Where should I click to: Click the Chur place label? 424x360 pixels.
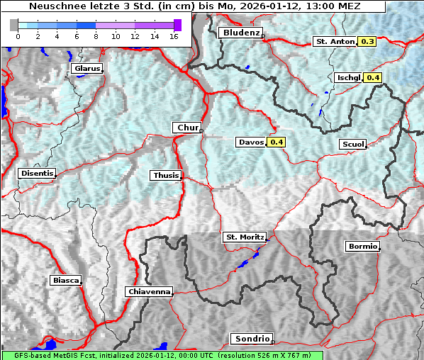pyautogui.click(x=187, y=128)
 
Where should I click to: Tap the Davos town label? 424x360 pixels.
pyautogui.click(x=251, y=142)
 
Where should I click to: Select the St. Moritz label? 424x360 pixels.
pyautogui.click(x=244, y=237)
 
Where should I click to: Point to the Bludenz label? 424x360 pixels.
pyautogui.click(x=240, y=33)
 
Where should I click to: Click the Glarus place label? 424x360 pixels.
pyautogui.click(x=86, y=69)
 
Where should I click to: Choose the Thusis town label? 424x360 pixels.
pyautogui.click(x=166, y=176)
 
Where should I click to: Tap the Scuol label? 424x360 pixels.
pyautogui.click(x=352, y=145)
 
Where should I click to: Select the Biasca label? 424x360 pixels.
pyautogui.click(x=65, y=280)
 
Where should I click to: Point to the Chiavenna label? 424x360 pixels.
pyautogui.click(x=149, y=291)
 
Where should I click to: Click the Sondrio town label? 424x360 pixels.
pyautogui.click(x=251, y=339)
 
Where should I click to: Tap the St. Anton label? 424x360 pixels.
pyautogui.click(x=334, y=42)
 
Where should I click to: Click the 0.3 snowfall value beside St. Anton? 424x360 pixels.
pyautogui.click(x=367, y=42)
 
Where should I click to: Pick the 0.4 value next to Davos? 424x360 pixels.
pyautogui.click(x=277, y=142)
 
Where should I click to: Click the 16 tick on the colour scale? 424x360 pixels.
pyautogui.click(x=173, y=35)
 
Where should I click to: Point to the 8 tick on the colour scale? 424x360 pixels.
pyautogui.click(x=95, y=35)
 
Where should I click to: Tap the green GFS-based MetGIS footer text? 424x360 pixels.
pyautogui.click(x=162, y=355)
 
